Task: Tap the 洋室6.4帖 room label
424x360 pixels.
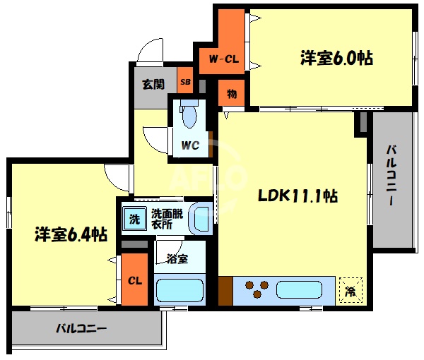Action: click(71, 234)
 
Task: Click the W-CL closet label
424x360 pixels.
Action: click(223, 60)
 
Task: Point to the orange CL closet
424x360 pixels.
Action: click(135, 280)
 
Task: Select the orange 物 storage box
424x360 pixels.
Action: click(231, 92)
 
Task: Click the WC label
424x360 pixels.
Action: click(190, 146)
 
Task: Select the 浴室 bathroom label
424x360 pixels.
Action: click(177, 258)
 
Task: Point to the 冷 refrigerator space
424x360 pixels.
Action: click(351, 290)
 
